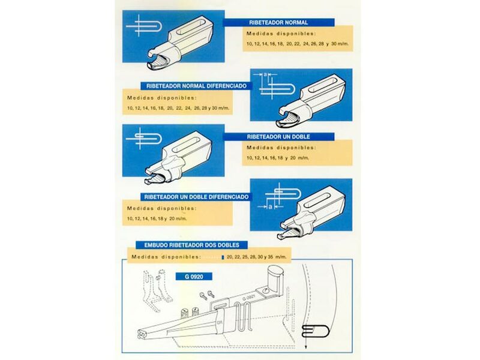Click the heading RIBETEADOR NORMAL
coord(278,22)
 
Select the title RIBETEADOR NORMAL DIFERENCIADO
coord(196,86)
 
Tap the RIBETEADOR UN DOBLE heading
coord(278,137)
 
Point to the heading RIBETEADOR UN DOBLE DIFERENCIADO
coord(196,197)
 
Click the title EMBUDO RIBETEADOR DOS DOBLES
coord(191,245)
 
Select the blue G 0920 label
coord(194,277)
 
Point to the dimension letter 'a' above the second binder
coord(265,74)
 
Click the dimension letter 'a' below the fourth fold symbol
coord(270,207)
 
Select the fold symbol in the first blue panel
coord(143,25)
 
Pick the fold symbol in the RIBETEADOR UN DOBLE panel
coord(143,139)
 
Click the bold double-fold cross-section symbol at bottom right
coord(316,331)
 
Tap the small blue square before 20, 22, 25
coord(223,257)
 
